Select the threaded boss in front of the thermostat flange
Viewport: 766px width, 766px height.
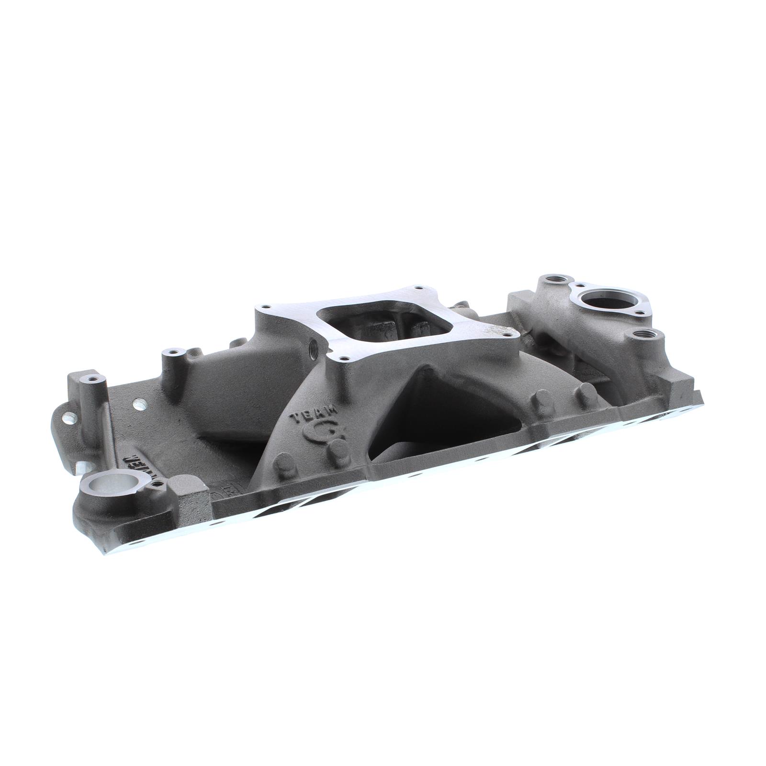[642, 334]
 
